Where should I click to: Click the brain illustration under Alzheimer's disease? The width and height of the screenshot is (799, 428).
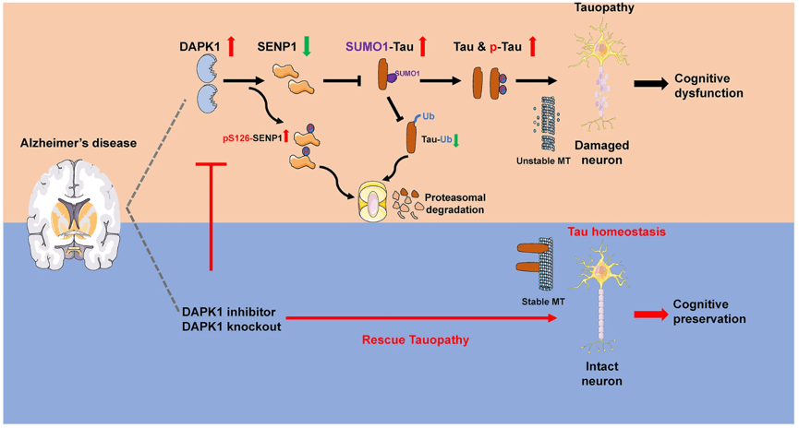74,214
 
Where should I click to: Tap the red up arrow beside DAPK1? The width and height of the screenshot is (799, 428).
231,46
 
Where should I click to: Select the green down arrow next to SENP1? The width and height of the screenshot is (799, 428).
307,46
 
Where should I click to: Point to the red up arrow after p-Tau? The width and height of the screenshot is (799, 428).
532,46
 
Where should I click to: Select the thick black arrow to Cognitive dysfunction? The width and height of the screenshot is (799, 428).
650,84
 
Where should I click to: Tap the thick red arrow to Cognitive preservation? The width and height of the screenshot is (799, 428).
650,315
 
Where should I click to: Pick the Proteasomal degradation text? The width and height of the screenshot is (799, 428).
455,204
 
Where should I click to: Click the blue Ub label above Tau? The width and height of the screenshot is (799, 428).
429,116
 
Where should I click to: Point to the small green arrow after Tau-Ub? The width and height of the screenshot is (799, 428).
456,140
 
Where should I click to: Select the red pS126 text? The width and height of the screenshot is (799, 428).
236,138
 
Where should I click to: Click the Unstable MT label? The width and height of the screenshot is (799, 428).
543,161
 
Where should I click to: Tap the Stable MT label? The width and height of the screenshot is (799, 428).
543,302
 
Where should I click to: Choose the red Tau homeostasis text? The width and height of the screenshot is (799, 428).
617,232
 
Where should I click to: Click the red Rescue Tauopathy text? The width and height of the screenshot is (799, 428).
416,340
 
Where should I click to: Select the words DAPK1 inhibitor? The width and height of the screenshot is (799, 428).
229,312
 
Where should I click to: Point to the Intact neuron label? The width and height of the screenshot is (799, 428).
602,374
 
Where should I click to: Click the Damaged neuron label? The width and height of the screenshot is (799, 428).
602,153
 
